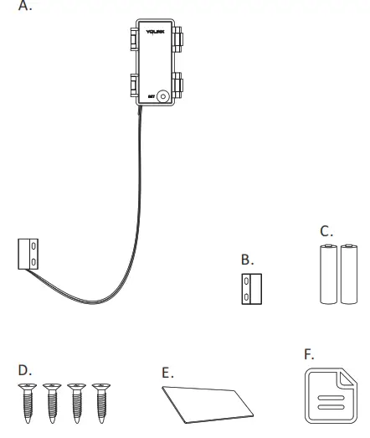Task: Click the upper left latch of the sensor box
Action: [x=133, y=39]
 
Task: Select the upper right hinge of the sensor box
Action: [x=178, y=39]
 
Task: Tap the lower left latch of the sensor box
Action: [x=133, y=85]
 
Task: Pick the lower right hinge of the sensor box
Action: [x=178, y=85]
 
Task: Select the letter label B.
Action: [x=247, y=260]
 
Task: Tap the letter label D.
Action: [x=24, y=369]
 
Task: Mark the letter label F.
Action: [x=308, y=354]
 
